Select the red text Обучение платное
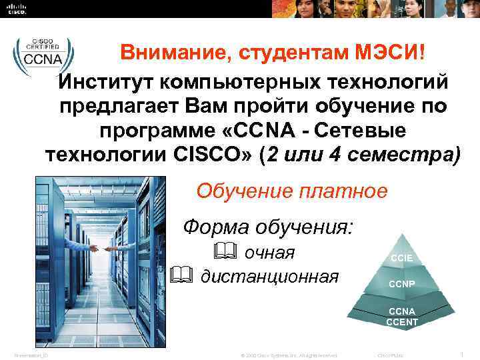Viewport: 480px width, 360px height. pyautogui.click(x=291, y=191)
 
